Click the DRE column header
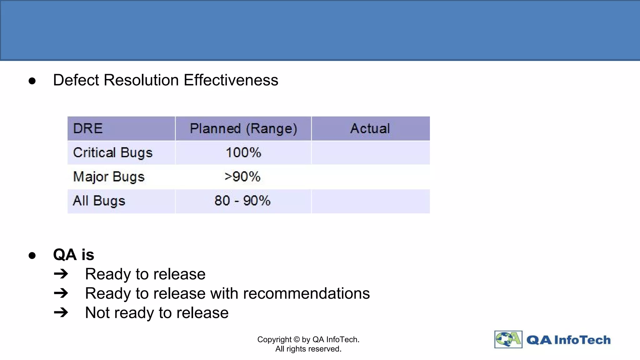click(88, 128)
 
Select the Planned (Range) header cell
click(243, 128)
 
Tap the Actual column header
click(370, 128)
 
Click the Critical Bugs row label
click(113, 152)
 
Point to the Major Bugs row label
click(109, 177)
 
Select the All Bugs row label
click(99, 201)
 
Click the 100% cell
click(243, 152)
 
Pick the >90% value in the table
click(242, 177)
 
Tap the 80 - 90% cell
click(242, 201)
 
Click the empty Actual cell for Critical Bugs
click(371, 152)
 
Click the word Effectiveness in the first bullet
click(231, 80)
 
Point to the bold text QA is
click(74, 254)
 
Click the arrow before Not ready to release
click(61, 312)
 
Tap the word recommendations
click(306, 293)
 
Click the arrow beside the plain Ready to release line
click(61, 274)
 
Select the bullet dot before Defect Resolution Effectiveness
click(32, 81)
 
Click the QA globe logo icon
click(508, 339)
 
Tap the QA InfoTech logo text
click(568, 340)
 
